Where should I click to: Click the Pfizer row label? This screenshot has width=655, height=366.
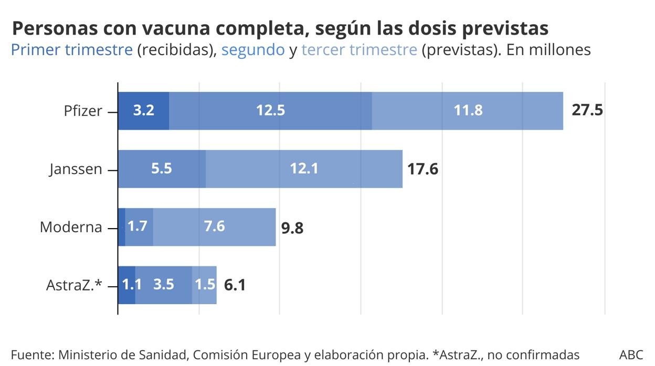(x=83, y=111)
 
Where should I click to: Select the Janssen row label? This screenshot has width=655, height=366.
(x=76, y=169)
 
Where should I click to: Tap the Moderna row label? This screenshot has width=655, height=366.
(x=71, y=227)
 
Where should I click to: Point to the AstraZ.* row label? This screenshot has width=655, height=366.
(x=73, y=285)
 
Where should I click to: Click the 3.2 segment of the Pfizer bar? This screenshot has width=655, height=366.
(x=143, y=111)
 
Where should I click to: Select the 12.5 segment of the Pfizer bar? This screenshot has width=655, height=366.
(x=270, y=111)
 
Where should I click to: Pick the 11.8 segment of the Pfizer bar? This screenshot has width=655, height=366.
(x=468, y=111)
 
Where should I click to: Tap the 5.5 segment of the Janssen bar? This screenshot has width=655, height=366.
(x=162, y=169)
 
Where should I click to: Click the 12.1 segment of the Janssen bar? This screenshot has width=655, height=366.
(x=304, y=169)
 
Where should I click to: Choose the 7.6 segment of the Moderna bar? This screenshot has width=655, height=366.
(x=214, y=227)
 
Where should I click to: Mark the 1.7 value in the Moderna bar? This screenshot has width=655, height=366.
(x=138, y=227)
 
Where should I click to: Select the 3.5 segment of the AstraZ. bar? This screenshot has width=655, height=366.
(x=164, y=285)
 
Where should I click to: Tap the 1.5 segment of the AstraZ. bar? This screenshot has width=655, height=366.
(x=205, y=285)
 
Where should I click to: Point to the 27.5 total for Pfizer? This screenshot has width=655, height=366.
(x=587, y=111)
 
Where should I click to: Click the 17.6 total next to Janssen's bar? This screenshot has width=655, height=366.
(x=422, y=169)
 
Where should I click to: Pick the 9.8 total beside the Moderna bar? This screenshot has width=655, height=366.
(x=292, y=228)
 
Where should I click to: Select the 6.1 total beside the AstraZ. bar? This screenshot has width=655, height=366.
(x=235, y=285)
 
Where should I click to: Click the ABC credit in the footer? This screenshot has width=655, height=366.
(x=631, y=354)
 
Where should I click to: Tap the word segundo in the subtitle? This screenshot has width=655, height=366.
(x=253, y=50)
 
